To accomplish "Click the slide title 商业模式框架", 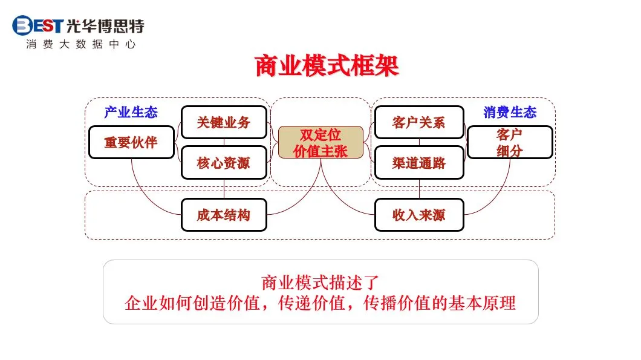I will (327, 67).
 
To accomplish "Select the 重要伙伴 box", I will (131, 142).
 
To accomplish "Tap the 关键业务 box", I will (224, 122).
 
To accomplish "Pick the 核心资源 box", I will (224, 162).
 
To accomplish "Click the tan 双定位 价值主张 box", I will (320, 143).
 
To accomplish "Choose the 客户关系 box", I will (418, 122).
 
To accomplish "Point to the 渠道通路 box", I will (418, 162).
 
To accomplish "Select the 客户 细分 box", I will (509, 142).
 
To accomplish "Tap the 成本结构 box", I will (224, 215).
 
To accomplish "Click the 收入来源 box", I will (418, 215).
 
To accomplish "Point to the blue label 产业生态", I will (131, 112).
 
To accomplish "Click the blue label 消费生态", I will (509, 112).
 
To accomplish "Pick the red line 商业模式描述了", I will (320, 282).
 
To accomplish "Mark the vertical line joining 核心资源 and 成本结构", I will (224, 189).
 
